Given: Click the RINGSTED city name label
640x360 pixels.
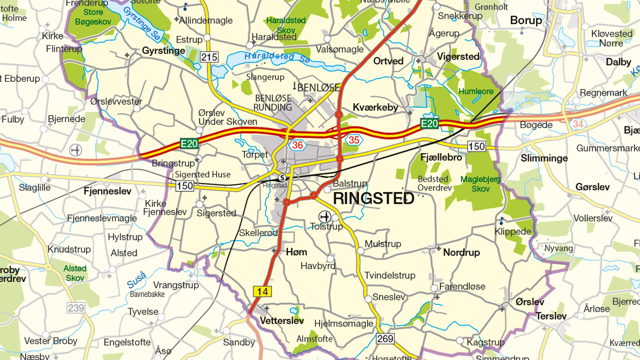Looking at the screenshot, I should (x=373, y=198).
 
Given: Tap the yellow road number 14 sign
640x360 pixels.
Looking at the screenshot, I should (x=262, y=292).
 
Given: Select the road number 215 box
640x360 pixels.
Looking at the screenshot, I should (x=209, y=57).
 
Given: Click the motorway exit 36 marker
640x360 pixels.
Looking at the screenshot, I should (x=297, y=145).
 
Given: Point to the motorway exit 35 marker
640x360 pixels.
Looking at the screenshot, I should (x=354, y=140).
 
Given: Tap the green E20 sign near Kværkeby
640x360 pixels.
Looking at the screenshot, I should (x=429, y=124).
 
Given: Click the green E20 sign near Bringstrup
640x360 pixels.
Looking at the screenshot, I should (x=189, y=144).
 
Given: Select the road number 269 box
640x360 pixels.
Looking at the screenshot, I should (x=385, y=339).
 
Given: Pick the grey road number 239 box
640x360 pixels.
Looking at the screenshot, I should (x=76, y=308).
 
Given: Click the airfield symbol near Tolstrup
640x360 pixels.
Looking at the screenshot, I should (x=324, y=217).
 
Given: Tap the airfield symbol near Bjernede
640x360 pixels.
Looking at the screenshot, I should (x=76, y=150).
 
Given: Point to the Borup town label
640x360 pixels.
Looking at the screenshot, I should (x=526, y=20).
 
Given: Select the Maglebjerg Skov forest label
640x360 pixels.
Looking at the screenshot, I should (x=480, y=184).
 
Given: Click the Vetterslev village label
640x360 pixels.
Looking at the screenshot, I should (x=282, y=321).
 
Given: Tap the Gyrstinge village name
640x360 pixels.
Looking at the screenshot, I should (x=163, y=51).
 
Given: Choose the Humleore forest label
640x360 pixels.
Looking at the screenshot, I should (x=476, y=92).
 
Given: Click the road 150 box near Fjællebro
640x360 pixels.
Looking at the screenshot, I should (x=476, y=146).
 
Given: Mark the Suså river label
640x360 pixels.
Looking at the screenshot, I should (x=136, y=280).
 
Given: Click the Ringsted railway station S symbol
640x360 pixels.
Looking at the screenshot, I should (x=282, y=178).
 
